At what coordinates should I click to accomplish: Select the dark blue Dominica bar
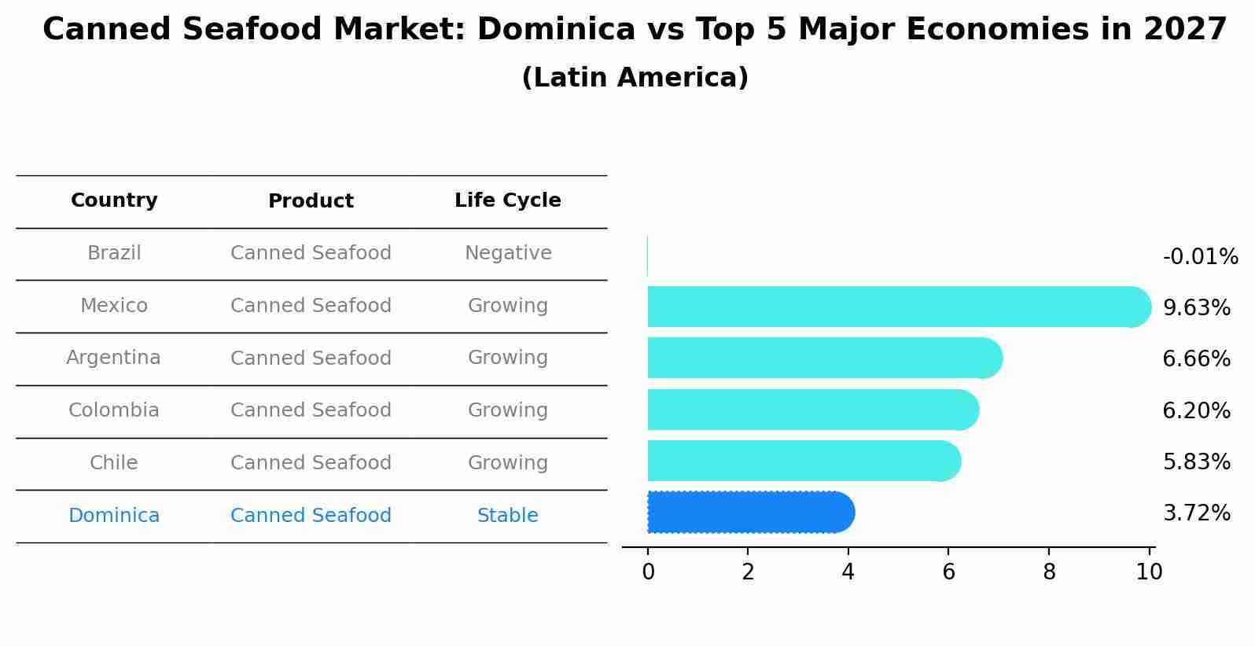[749, 513]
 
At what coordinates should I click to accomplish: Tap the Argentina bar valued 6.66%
[823, 358]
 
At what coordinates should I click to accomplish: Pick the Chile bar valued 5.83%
[802, 461]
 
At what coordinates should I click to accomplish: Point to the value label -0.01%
[1200, 257]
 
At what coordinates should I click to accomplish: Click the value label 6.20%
[1196, 410]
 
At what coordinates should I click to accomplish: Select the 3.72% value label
[1196, 513]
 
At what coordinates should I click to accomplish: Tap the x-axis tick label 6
[948, 572]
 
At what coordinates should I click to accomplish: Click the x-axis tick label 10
[1149, 572]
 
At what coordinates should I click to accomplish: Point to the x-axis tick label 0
[648, 572]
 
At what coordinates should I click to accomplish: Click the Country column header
[114, 200]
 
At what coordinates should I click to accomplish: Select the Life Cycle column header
[508, 200]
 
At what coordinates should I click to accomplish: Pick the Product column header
[311, 201]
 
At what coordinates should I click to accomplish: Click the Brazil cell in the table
[114, 253]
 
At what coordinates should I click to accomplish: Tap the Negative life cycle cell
[508, 253]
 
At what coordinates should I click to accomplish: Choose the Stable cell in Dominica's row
[508, 516]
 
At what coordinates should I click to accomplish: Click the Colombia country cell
[114, 410]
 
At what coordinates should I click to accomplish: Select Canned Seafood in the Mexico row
[311, 306]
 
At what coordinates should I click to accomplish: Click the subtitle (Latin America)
[635, 78]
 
